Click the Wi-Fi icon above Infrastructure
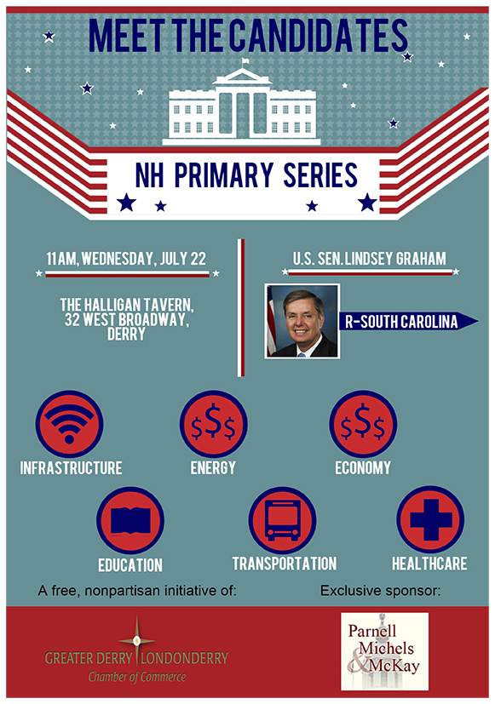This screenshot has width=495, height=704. (x=69, y=424)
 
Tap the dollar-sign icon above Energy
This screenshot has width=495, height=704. (x=213, y=424)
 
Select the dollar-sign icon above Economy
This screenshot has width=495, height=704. (x=363, y=424)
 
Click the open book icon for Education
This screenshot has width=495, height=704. (x=130, y=520)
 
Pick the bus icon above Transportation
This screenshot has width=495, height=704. (x=283, y=520)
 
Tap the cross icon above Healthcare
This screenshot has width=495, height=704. (x=430, y=519)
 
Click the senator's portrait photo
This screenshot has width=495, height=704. (x=302, y=321)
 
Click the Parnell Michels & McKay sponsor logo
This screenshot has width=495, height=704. (x=384, y=651)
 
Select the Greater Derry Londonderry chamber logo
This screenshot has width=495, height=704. (x=136, y=651)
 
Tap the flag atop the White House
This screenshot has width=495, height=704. (x=245, y=61)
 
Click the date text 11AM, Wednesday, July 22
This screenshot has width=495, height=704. (x=126, y=259)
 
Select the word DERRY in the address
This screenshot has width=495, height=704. (x=126, y=334)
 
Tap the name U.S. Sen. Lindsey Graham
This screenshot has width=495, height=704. (x=370, y=259)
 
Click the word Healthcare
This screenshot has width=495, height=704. (x=429, y=564)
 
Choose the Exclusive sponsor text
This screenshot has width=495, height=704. (x=381, y=591)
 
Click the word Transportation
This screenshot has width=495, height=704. (x=285, y=564)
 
